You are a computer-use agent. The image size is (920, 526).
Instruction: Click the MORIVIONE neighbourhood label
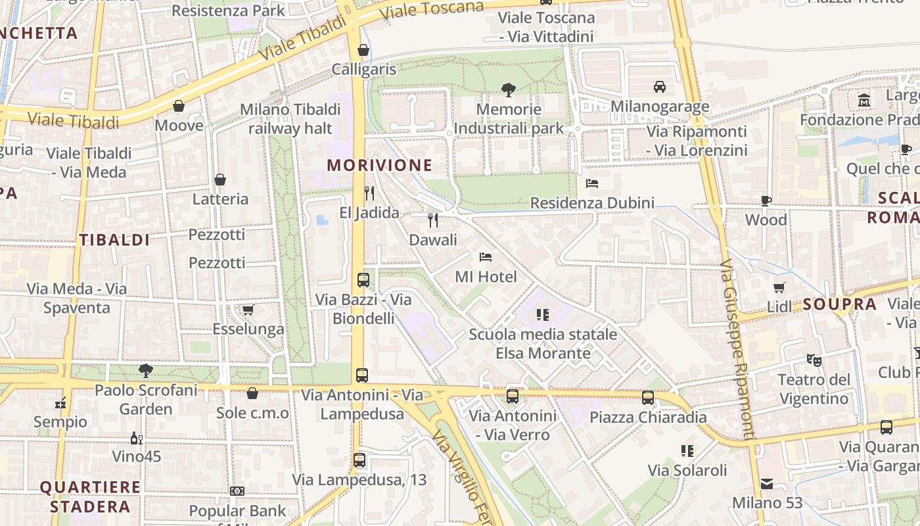click(380, 165)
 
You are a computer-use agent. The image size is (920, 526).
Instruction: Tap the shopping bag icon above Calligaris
click(363, 50)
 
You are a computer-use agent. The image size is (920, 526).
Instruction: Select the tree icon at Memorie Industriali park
click(508, 89)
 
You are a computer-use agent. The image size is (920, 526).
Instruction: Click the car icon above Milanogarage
click(660, 86)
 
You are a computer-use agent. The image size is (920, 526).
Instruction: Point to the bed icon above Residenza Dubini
click(592, 183)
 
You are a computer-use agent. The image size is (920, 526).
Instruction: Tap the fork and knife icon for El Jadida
click(369, 193)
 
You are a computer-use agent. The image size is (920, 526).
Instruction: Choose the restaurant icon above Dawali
click(433, 220)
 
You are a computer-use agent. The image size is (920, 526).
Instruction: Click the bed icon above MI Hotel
click(486, 256)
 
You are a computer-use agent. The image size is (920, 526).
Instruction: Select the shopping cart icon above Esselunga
click(248, 310)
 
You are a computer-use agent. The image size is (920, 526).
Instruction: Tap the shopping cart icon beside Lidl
click(779, 287)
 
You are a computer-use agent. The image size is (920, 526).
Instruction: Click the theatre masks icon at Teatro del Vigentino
click(814, 360)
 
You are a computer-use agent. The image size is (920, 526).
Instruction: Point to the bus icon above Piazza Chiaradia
click(648, 397)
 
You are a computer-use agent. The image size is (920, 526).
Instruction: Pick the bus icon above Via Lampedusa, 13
click(359, 460)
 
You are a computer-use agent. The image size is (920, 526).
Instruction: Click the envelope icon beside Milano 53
click(766, 484)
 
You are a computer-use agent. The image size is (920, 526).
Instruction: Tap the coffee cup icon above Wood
click(766, 201)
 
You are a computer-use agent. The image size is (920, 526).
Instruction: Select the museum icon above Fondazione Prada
click(864, 101)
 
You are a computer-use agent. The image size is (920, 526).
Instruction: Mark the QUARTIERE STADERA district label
click(90, 497)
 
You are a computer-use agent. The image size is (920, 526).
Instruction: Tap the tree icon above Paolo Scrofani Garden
click(146, 371)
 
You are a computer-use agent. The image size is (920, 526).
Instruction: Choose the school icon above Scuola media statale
click(543, 314)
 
